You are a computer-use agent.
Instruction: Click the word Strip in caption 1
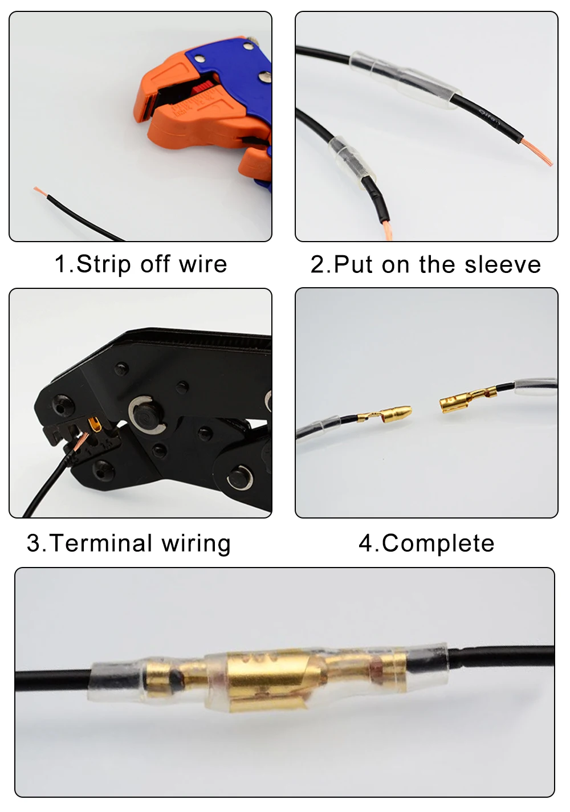tap(103, 264)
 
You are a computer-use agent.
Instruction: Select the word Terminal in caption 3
tap(100, 543)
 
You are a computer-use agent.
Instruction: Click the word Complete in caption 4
tap(438, 543)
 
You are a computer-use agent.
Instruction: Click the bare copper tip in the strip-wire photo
tap(40, 192)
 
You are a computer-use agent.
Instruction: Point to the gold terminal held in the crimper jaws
tap(96, 424)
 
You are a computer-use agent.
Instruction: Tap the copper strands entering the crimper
tap(80, 442)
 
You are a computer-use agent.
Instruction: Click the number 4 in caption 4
tap(367, 543)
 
